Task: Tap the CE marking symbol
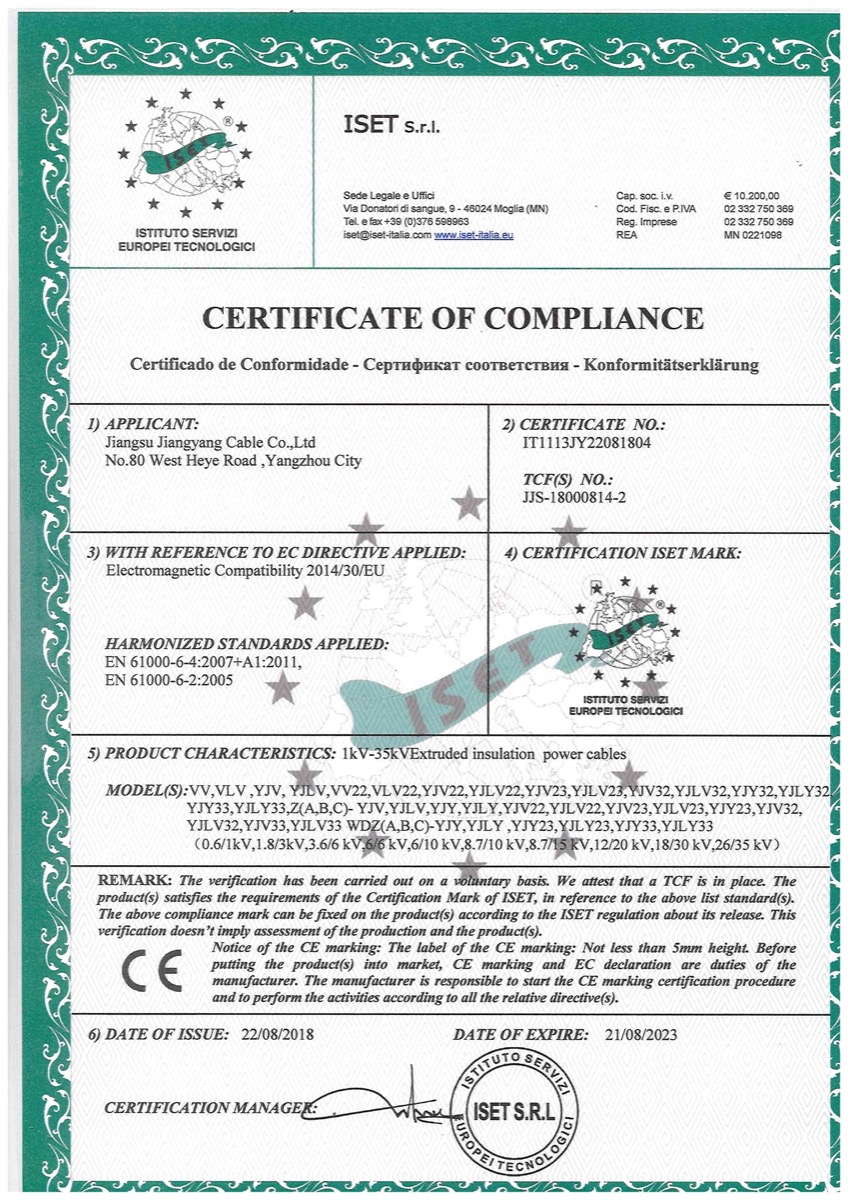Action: [x=151, y=971]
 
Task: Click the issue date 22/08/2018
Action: [x=277, y=1035]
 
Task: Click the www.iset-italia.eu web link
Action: [x=474, y=235]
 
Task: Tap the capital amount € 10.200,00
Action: [x=751, y=196]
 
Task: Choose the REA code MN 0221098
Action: [x=752, y=235]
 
